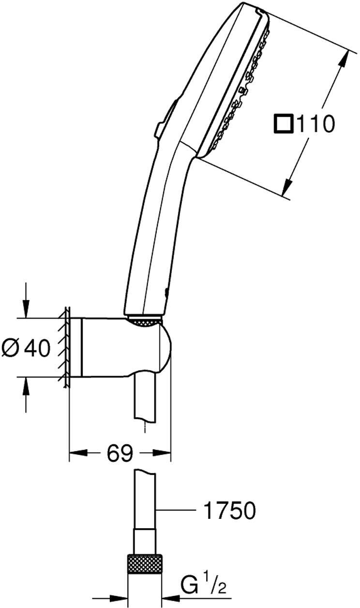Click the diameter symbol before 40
click(x=11, y=348)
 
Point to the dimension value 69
click(x=120, y=454)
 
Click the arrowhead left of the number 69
click(x=77, y=454)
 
